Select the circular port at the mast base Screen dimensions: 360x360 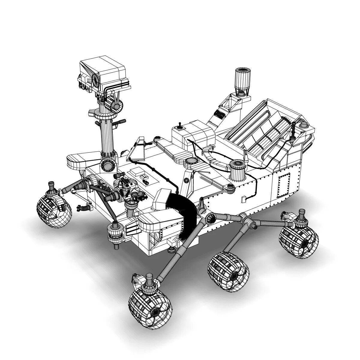tap(107, 165)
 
